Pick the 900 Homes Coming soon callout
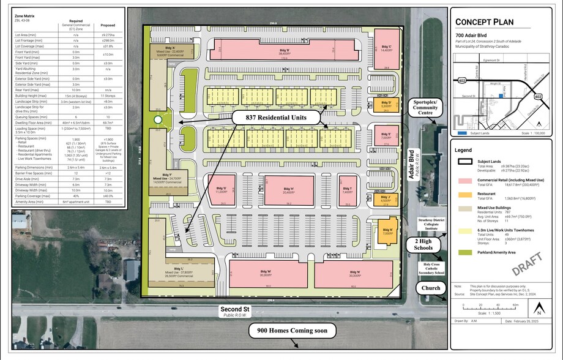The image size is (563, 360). click(293, 331)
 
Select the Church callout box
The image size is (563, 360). click(428, 288)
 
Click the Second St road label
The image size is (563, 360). click(236, 311)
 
